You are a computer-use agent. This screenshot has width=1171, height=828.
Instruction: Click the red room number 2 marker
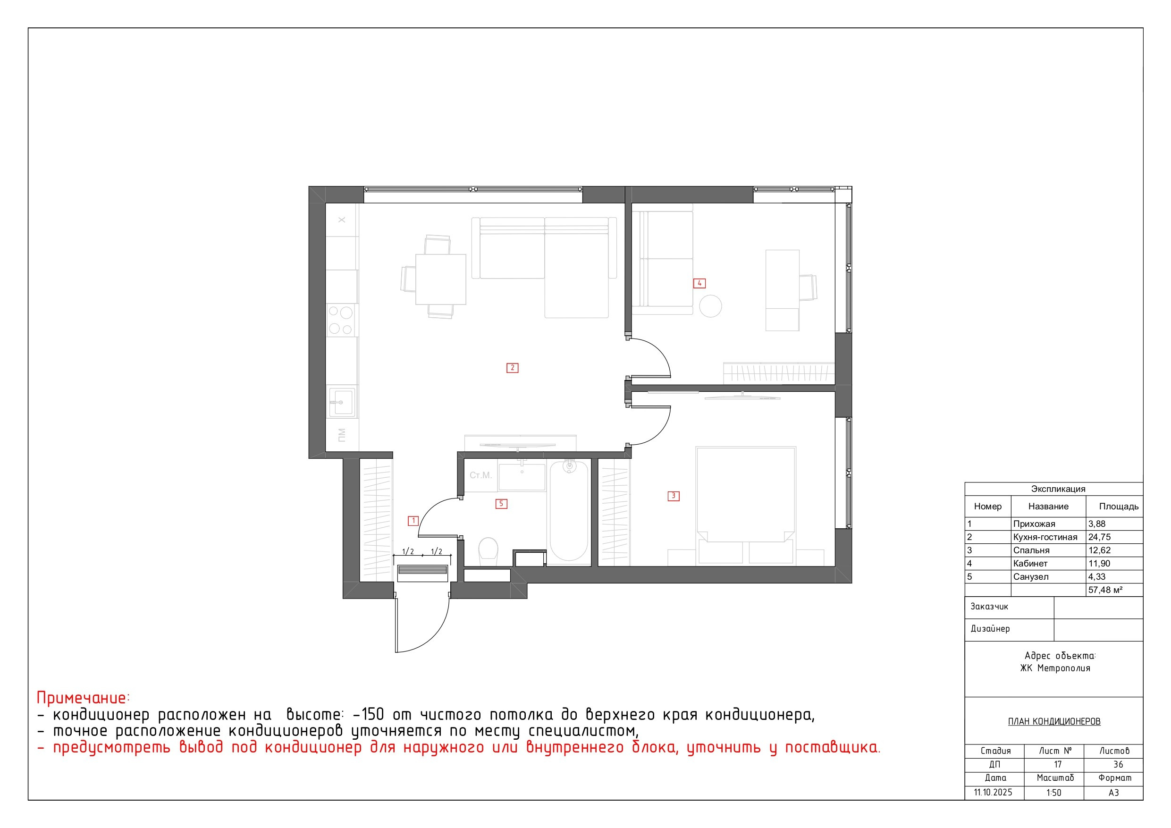point(512,368)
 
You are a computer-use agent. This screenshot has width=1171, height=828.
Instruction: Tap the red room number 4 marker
point(699,283)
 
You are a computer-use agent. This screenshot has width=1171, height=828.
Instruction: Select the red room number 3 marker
point(673,496)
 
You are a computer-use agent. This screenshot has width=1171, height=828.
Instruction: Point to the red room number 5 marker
point(501,504)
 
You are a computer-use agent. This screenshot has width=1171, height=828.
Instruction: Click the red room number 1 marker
point(413,521)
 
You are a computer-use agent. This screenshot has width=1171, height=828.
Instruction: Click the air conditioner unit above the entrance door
point(422,573)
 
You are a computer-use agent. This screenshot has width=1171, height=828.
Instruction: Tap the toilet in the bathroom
point(488,551)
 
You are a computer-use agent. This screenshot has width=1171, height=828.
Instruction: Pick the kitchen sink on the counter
point(341,402)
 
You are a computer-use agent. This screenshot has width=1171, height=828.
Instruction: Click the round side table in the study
point(710,306)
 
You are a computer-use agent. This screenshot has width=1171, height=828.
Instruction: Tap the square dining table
point(441,279)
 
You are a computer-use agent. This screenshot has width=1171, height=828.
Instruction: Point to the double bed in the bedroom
point(746,505)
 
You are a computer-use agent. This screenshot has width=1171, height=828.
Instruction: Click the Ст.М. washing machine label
point(480,475)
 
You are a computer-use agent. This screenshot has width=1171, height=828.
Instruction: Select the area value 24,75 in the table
point(1100,537)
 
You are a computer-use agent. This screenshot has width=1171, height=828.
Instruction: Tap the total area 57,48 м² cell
point(1105,590)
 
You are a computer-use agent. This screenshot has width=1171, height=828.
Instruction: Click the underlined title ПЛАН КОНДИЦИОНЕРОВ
point(1054,721)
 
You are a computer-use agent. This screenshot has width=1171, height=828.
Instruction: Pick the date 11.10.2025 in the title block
point(993,792)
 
